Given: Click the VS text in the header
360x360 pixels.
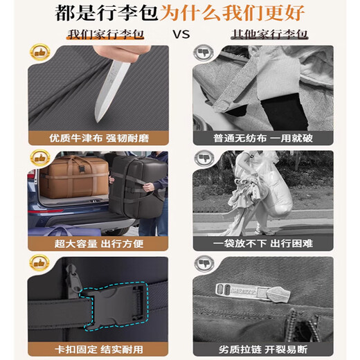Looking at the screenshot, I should [179, 34].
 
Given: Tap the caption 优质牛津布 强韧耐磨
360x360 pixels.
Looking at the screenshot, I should [97, 137].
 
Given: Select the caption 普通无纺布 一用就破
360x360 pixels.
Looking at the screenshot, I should [263, 137].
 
